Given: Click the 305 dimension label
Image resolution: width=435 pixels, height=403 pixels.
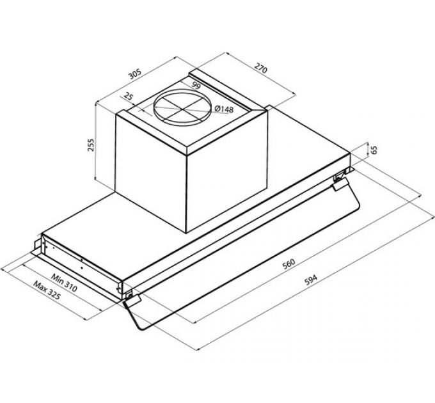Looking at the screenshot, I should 134,74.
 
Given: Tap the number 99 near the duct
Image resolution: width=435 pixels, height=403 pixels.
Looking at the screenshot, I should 196,86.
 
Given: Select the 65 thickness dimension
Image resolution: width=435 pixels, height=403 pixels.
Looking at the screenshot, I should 375,150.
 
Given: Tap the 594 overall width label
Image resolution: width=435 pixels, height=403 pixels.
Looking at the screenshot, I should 310,280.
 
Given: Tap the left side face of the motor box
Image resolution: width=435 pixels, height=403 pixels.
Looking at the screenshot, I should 151,170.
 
